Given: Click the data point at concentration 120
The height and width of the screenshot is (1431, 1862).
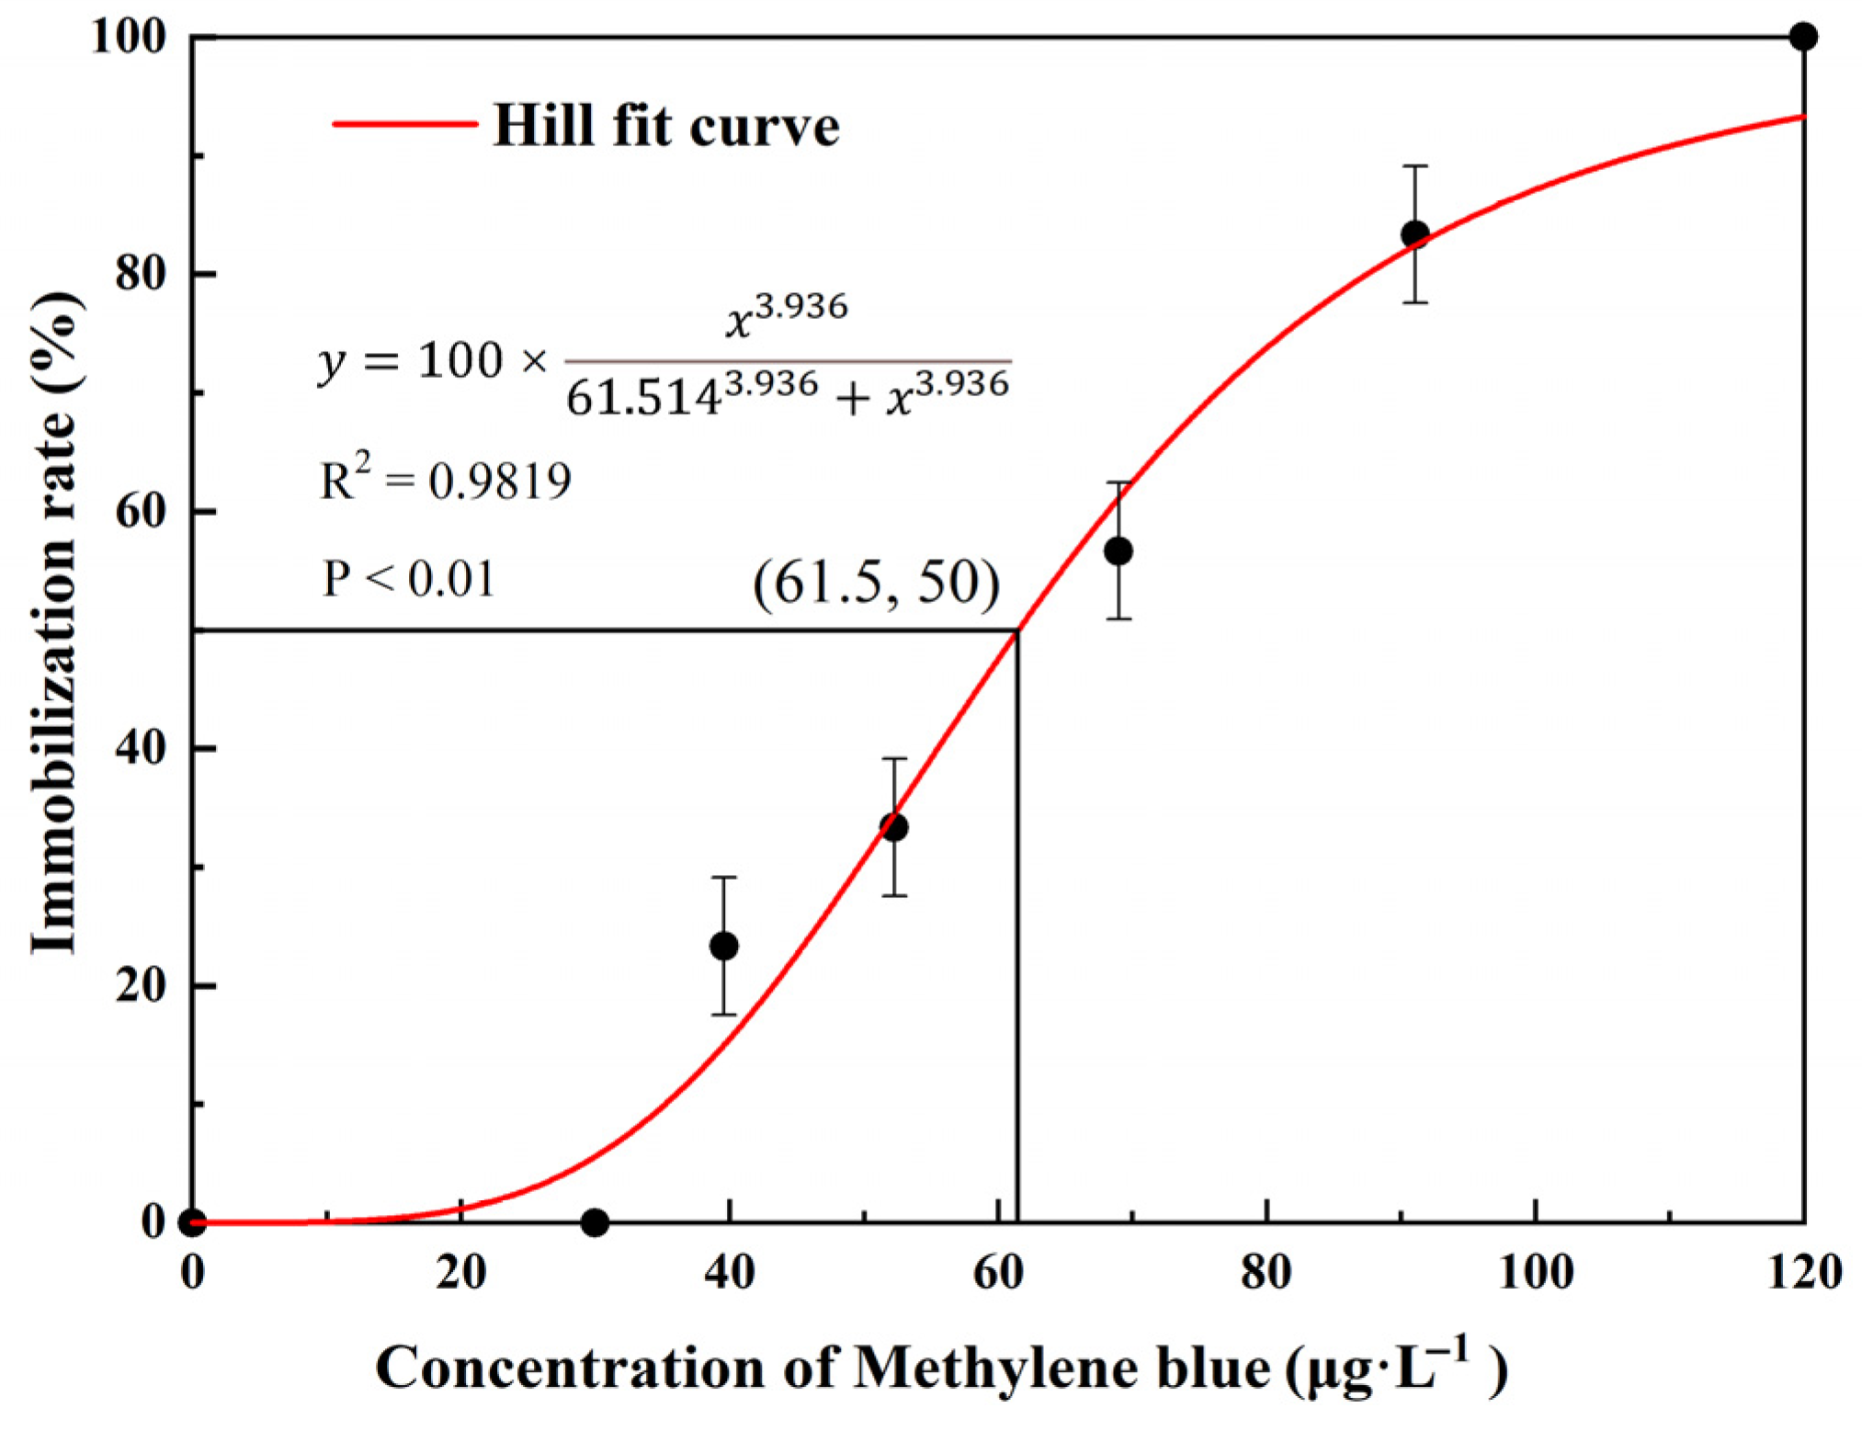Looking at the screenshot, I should coord(1803,37).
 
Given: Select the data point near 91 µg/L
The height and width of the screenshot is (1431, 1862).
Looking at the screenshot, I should coord(1414,234).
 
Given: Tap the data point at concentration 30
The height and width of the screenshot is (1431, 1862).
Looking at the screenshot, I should coord(595,1222).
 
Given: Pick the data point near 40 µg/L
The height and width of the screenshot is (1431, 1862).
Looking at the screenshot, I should coord(724,945).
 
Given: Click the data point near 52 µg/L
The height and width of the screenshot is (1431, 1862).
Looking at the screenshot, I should coord(893,827).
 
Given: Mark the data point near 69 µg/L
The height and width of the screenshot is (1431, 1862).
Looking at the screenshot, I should coord(1118,551).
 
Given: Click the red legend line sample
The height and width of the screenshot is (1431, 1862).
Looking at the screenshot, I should coord(404,123).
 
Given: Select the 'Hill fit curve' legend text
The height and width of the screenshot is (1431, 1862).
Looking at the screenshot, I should coord(665,125).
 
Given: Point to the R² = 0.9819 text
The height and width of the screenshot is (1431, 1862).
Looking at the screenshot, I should coord(445,480).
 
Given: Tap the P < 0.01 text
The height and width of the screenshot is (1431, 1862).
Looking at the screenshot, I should coord(409,579).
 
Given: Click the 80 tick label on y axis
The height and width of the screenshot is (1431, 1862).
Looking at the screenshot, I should coord(140,273).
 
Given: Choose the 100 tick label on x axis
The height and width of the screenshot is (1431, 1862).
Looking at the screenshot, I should coord(1535,1273).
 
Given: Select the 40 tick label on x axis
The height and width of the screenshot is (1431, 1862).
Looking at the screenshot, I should coord(729,1273).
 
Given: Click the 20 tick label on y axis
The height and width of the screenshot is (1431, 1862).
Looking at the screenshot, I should coord(140,984).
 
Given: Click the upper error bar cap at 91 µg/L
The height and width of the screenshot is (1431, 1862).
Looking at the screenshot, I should coord(1414,166).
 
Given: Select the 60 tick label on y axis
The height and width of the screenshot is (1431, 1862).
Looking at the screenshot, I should coord(140,510).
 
